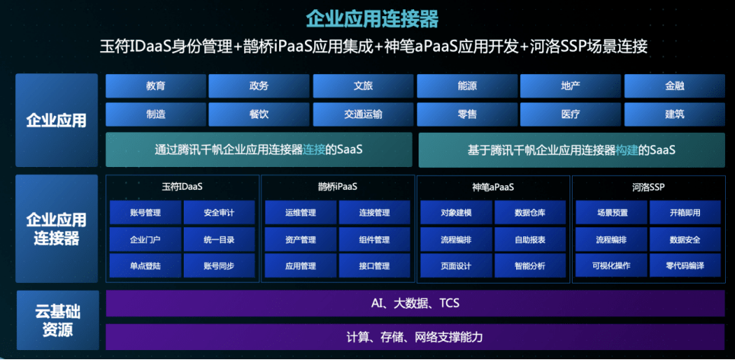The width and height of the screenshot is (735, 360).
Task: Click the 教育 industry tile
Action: pos(156,86)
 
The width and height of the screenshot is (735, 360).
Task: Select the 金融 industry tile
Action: pos(675,86)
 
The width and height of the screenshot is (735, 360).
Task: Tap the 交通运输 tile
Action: pos(363,114)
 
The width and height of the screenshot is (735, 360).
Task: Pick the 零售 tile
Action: pos(467,114)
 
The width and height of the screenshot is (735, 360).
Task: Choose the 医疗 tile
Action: pos(570,114)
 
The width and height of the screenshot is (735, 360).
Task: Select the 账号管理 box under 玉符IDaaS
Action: pos(146,213)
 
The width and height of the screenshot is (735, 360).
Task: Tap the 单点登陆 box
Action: pos(146,265)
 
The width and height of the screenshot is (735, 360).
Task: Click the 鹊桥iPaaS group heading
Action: pos(338,187)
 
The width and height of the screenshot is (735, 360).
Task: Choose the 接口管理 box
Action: pos(374,265)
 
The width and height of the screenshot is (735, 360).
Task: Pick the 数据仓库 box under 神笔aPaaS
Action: pos(530,213)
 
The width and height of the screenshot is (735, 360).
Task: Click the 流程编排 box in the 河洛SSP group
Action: pos(611,239)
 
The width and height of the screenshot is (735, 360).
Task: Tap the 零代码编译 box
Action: pos(685,265)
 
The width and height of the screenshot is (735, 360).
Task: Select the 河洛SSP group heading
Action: pos(648,187)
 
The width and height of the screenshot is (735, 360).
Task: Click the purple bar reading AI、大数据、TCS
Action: pos(416,304)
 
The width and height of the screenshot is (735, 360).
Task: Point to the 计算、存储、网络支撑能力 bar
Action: pos(416,336)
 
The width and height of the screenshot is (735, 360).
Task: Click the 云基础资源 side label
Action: pos(58,320)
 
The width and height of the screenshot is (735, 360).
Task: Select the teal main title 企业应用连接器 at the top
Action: pos(372,19)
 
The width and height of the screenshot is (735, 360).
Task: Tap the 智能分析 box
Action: pos(530,265)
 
